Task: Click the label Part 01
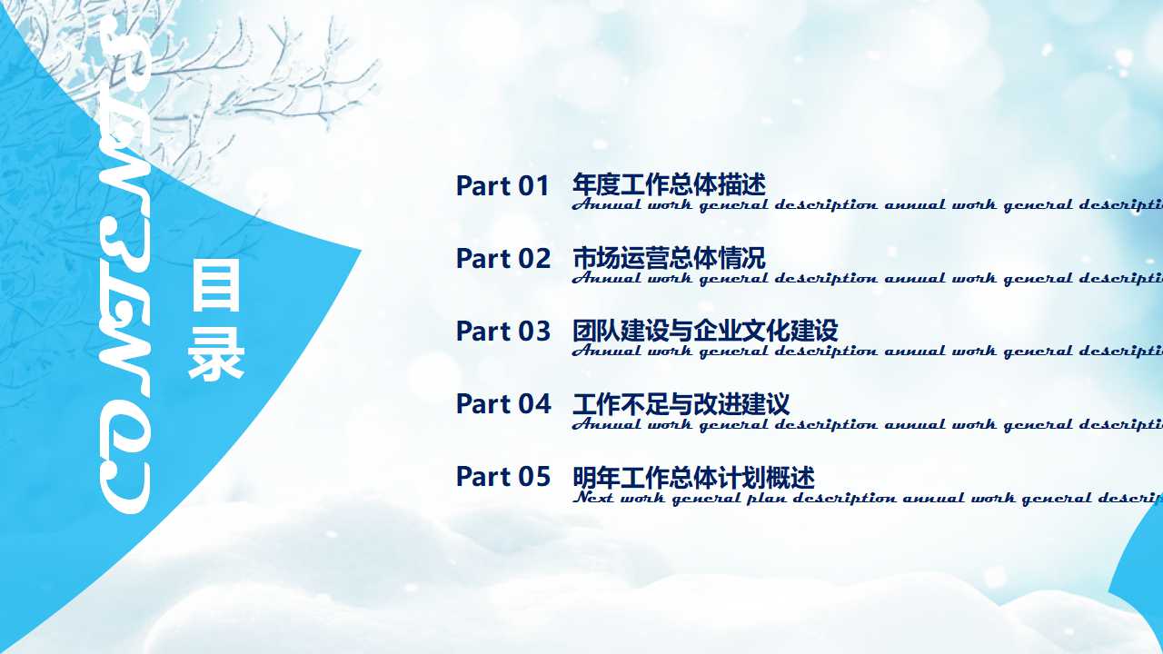point(502,186)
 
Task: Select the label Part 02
point(502,259)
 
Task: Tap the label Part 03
point(502,332)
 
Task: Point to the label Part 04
point(502,404)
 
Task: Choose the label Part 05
point(502,477)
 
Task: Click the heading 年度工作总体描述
point(669,185)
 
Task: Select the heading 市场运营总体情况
point(669,258)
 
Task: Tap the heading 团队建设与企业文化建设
point(705,331)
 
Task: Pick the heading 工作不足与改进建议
point(681,403)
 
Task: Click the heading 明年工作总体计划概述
point(693,477)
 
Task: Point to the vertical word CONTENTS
point(124,263)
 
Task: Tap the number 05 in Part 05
point(534,477)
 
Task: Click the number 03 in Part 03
point(534,332)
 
